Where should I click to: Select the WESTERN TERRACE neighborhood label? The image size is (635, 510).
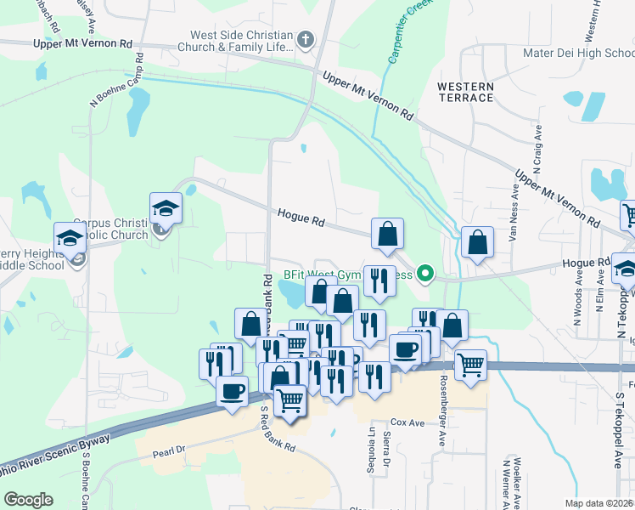click(465, 92)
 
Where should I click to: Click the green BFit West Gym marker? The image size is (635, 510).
click(427, 274)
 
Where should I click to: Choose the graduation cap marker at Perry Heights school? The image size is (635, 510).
click(70, 239)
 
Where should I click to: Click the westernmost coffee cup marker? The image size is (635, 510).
click(232, 391)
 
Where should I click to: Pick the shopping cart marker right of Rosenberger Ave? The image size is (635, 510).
click(470, 365)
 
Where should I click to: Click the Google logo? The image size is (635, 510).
click(28, 500)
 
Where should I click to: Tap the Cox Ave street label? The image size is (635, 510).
click(407, 422)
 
